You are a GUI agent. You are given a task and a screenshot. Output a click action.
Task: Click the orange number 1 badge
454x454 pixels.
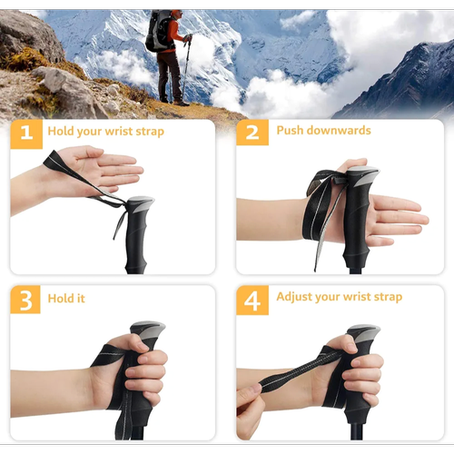coord(26,134)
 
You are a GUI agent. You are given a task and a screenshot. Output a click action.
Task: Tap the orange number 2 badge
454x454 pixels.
coord(252,133)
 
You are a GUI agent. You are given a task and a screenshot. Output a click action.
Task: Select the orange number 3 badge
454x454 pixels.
coord(25,300)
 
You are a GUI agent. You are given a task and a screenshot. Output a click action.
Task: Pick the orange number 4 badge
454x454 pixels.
coord(252,300)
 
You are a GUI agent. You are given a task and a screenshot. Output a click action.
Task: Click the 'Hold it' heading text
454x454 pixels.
coord(66,299)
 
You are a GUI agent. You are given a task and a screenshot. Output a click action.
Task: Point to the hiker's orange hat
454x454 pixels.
coord(175,13)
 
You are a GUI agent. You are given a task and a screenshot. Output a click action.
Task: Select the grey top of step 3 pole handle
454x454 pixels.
coord(148,330)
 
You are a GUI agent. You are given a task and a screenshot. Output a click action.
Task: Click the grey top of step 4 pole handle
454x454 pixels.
coord(364,332)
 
